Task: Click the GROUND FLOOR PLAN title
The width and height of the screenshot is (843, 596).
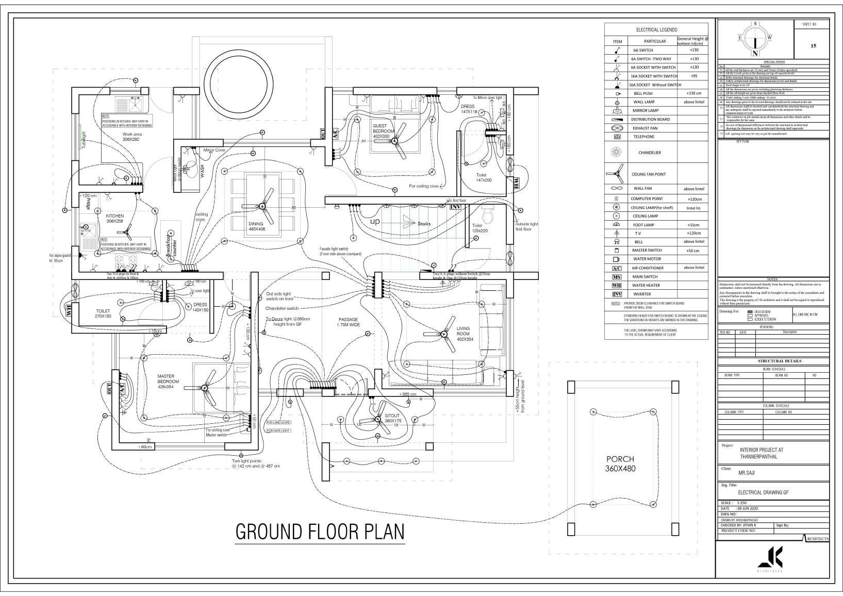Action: [320, 532]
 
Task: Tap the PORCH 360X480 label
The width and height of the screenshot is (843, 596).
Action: [620, 463]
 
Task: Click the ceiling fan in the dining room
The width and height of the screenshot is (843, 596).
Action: [262, 206]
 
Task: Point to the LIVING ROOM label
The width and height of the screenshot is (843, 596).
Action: [464, 334]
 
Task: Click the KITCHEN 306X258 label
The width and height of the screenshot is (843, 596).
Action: [115, 218]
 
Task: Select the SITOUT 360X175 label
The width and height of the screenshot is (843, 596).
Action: [392, 418]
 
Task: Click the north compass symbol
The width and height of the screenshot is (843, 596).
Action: [755, 39]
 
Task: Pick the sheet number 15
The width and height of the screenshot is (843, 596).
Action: [813, 46]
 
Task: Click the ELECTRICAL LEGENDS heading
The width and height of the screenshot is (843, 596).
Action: [656, 30]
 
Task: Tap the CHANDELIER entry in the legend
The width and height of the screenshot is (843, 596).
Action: [649, 153]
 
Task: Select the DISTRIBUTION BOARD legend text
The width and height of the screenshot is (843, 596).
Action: [650, 119]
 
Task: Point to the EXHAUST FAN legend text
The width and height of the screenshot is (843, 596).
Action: [645, 128]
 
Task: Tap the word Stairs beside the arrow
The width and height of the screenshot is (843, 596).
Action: [424, 224]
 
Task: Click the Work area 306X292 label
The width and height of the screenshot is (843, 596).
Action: [132, 137]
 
